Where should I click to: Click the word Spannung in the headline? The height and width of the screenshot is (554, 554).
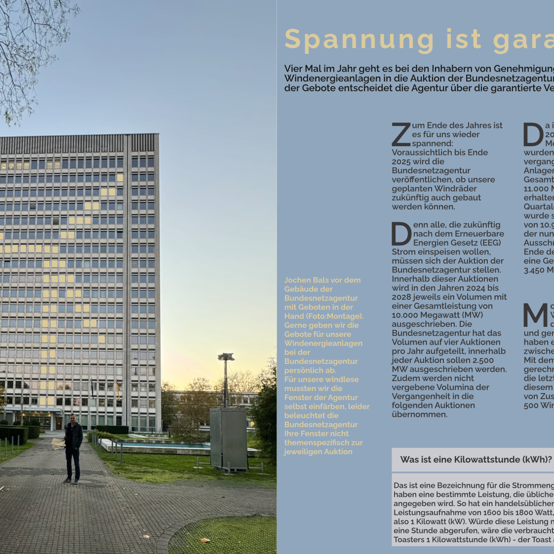(x=359, y=40)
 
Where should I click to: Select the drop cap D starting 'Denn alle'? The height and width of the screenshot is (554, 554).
(x=401, y=234)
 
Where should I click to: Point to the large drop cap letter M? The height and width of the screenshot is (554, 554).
(x=535, y=316)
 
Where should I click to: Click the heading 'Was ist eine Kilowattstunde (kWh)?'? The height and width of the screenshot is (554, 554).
(x=475, y=460)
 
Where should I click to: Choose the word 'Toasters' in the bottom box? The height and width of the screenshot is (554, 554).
(x=409, y=540)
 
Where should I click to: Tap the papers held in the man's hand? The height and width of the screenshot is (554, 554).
(x=58, y=443)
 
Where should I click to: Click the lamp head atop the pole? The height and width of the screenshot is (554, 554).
(x=226, y=356)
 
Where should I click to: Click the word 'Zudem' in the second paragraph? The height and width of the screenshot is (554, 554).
(x=403, y=378)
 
